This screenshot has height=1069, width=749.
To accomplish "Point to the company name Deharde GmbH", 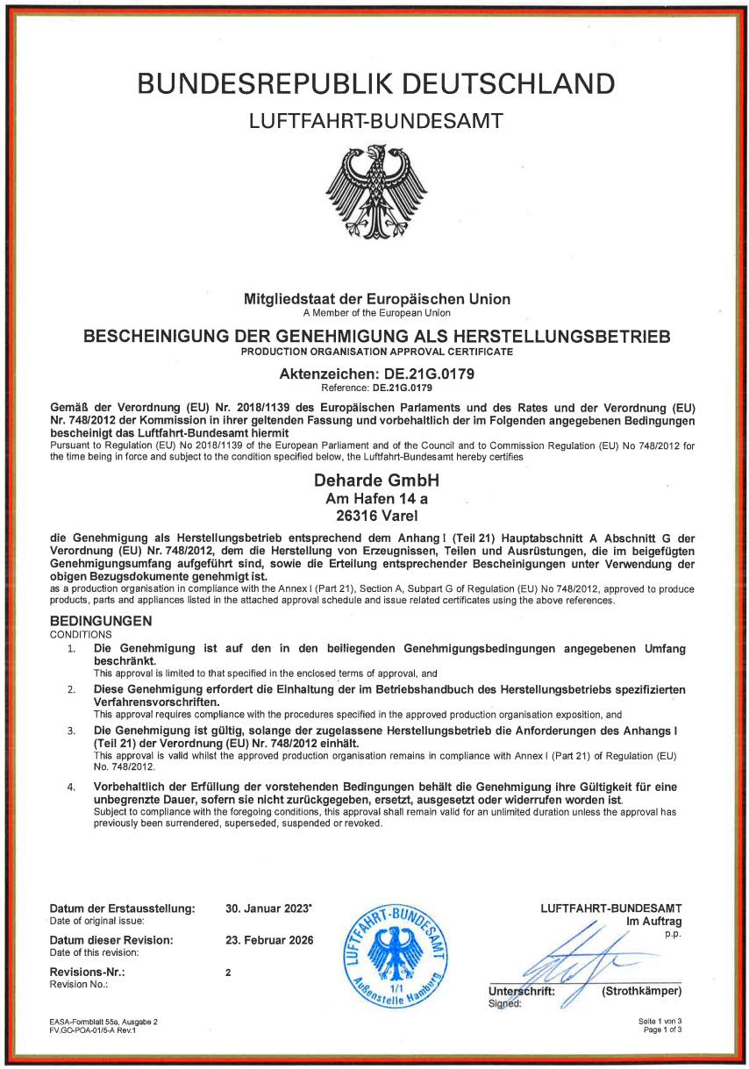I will pos(376,481).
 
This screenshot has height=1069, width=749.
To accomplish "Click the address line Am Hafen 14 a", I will pos(376,498).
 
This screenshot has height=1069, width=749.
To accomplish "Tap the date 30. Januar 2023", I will pos(268,909).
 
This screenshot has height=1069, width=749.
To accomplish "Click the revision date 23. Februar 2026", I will pos(269,940).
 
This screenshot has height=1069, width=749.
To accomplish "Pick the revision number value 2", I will pos(228,973).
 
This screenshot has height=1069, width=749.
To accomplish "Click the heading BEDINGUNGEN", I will pos(101,621).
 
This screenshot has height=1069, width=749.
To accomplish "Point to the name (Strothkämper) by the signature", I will pos(641,992).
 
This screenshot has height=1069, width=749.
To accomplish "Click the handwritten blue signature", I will pos(579,960).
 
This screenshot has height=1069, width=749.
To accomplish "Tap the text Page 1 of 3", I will pos(662,1030).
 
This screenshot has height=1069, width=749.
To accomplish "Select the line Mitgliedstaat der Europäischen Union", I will pos(376,299).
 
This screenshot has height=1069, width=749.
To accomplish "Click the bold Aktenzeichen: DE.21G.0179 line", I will pos(376,374).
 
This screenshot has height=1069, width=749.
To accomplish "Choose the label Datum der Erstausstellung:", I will pos(122,909).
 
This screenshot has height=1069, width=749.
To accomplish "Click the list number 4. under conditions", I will pos(72,787).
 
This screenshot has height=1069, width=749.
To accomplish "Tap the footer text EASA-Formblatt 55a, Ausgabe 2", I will pos(103,1022).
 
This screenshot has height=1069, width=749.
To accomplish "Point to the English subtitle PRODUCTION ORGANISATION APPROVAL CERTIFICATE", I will pos(376,351).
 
